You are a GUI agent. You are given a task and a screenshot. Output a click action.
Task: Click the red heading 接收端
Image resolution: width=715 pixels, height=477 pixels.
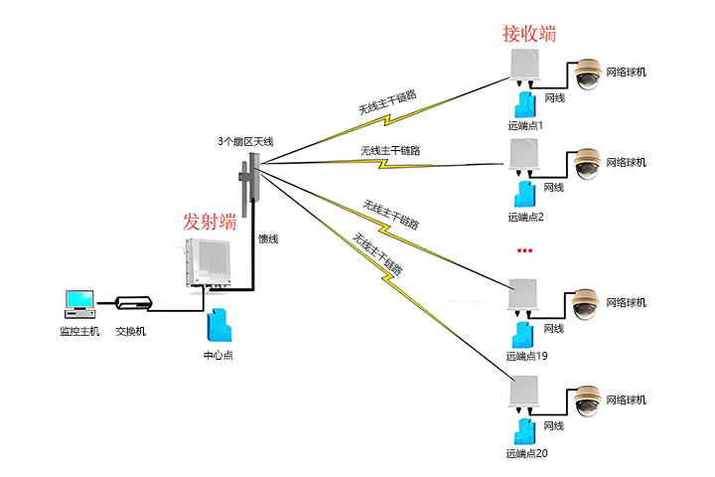tap(529, 34)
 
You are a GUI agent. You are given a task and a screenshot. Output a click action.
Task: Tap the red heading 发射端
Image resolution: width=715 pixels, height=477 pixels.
tap(210, 221)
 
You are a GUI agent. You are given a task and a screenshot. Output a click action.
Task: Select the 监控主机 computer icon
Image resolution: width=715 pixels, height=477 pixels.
tap(79, 303)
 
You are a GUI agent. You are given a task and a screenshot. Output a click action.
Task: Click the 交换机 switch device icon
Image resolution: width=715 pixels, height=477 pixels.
tap(131, 303)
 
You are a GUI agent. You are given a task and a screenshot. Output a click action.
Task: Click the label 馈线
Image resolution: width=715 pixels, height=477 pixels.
tap(268, 238)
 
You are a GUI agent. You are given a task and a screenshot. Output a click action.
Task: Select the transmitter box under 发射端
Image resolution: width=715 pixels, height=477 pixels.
tap(209, 263)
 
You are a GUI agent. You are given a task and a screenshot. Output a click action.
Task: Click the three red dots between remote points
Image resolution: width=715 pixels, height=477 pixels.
tap(525, 249)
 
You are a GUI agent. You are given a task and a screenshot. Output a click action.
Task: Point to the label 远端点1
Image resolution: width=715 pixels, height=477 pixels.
tap(525, 125)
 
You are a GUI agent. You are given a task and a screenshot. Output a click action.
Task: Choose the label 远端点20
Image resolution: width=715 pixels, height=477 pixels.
tap(526, 453)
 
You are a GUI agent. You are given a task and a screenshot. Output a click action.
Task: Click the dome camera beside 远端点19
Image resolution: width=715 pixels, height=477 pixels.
tap(584, 304)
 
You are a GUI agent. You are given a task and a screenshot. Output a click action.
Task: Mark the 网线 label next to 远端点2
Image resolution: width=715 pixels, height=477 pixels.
tap(553, 187)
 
